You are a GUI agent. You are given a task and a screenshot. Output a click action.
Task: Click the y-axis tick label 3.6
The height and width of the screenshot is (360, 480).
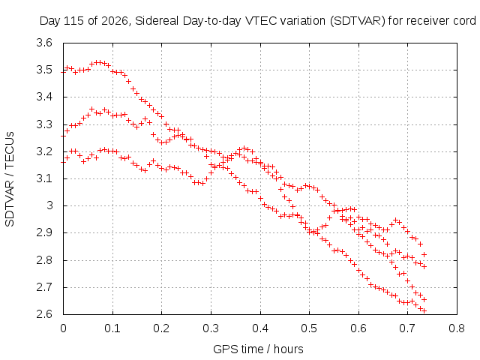[x=44, y=43]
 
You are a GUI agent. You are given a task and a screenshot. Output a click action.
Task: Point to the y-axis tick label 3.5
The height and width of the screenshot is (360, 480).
[x=44, y=70]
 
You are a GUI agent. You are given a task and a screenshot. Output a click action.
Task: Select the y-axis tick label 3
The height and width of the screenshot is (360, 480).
[x=49, y=205]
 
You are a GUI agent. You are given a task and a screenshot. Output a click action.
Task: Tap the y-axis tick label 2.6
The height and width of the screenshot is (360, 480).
[x=44, y=314]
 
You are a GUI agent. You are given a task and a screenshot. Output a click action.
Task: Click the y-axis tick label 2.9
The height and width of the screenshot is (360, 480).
[x=44, y=232]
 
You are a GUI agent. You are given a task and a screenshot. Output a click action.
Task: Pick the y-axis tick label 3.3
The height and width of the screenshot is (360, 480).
[x=44, y=124]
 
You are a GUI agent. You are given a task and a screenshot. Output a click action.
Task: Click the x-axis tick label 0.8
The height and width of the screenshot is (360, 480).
[x=457, y=328]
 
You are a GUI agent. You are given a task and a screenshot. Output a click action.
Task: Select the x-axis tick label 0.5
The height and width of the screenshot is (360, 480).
[x=309, y=328]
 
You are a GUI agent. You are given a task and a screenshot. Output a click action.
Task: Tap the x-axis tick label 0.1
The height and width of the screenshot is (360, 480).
[x=112, y=328]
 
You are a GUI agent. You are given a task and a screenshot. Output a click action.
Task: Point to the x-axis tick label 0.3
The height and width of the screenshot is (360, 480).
[x=211, y=328]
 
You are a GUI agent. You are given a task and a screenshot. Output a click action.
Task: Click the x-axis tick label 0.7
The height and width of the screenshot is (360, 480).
[x=407, y=328]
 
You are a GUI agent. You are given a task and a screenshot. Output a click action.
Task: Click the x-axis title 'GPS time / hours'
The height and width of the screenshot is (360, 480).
[x=258, y=349]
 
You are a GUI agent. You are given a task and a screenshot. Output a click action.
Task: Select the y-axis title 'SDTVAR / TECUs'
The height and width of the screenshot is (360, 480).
[x=10, y=179]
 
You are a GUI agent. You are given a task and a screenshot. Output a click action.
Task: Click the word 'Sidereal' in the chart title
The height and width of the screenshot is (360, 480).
[x=157, y=21]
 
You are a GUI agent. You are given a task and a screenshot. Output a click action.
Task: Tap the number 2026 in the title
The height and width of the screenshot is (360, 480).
[x=115, y=21]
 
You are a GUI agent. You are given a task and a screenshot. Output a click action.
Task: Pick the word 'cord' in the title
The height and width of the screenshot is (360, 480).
[x=463, y=21]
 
